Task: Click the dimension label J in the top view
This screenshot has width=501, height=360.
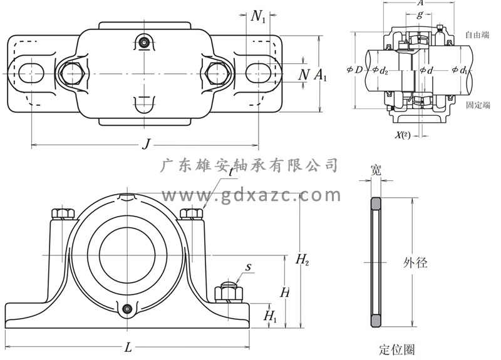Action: click(146, 144)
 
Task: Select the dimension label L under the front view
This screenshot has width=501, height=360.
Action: click(128, 347)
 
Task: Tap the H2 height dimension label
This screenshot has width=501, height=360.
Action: click(302, 259)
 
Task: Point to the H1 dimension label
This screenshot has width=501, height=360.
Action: click(271, 316)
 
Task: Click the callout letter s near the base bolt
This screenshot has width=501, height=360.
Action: click(249, 267)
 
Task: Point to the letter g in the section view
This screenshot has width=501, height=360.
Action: click(420, 14)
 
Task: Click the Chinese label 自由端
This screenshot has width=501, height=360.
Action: click(477, 36)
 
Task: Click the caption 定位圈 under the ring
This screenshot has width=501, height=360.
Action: click(397, 349)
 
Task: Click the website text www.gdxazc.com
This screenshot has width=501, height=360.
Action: click(250, 195)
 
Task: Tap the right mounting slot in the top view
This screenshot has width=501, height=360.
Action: click(258, 72)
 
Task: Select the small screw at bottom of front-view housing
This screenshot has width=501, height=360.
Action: click(128, 308)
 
